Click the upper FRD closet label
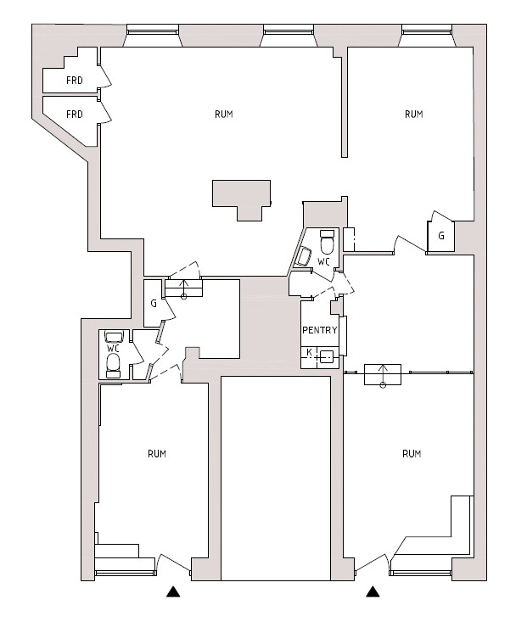coord(75,80)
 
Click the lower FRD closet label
coord(75,114)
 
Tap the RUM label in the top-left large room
coord(224,114)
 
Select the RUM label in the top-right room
coord(413,114)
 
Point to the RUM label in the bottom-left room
coord(157,453)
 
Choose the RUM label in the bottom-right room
coord(412,453)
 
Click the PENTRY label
coord(320,330)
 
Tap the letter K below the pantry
coord(309,352)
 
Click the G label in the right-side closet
coord(441,236)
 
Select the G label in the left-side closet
coord(154,304)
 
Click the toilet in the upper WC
coord(328,242)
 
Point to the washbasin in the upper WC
coord(304,257)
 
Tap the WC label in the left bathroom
coord(113,348)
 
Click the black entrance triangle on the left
coord(173,591)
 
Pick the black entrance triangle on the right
coord(373,591)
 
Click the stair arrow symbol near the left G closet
coord(183,288)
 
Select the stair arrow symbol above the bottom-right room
coord(383,375)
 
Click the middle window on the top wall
coord(289,30)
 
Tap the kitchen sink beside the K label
coord(327,357)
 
